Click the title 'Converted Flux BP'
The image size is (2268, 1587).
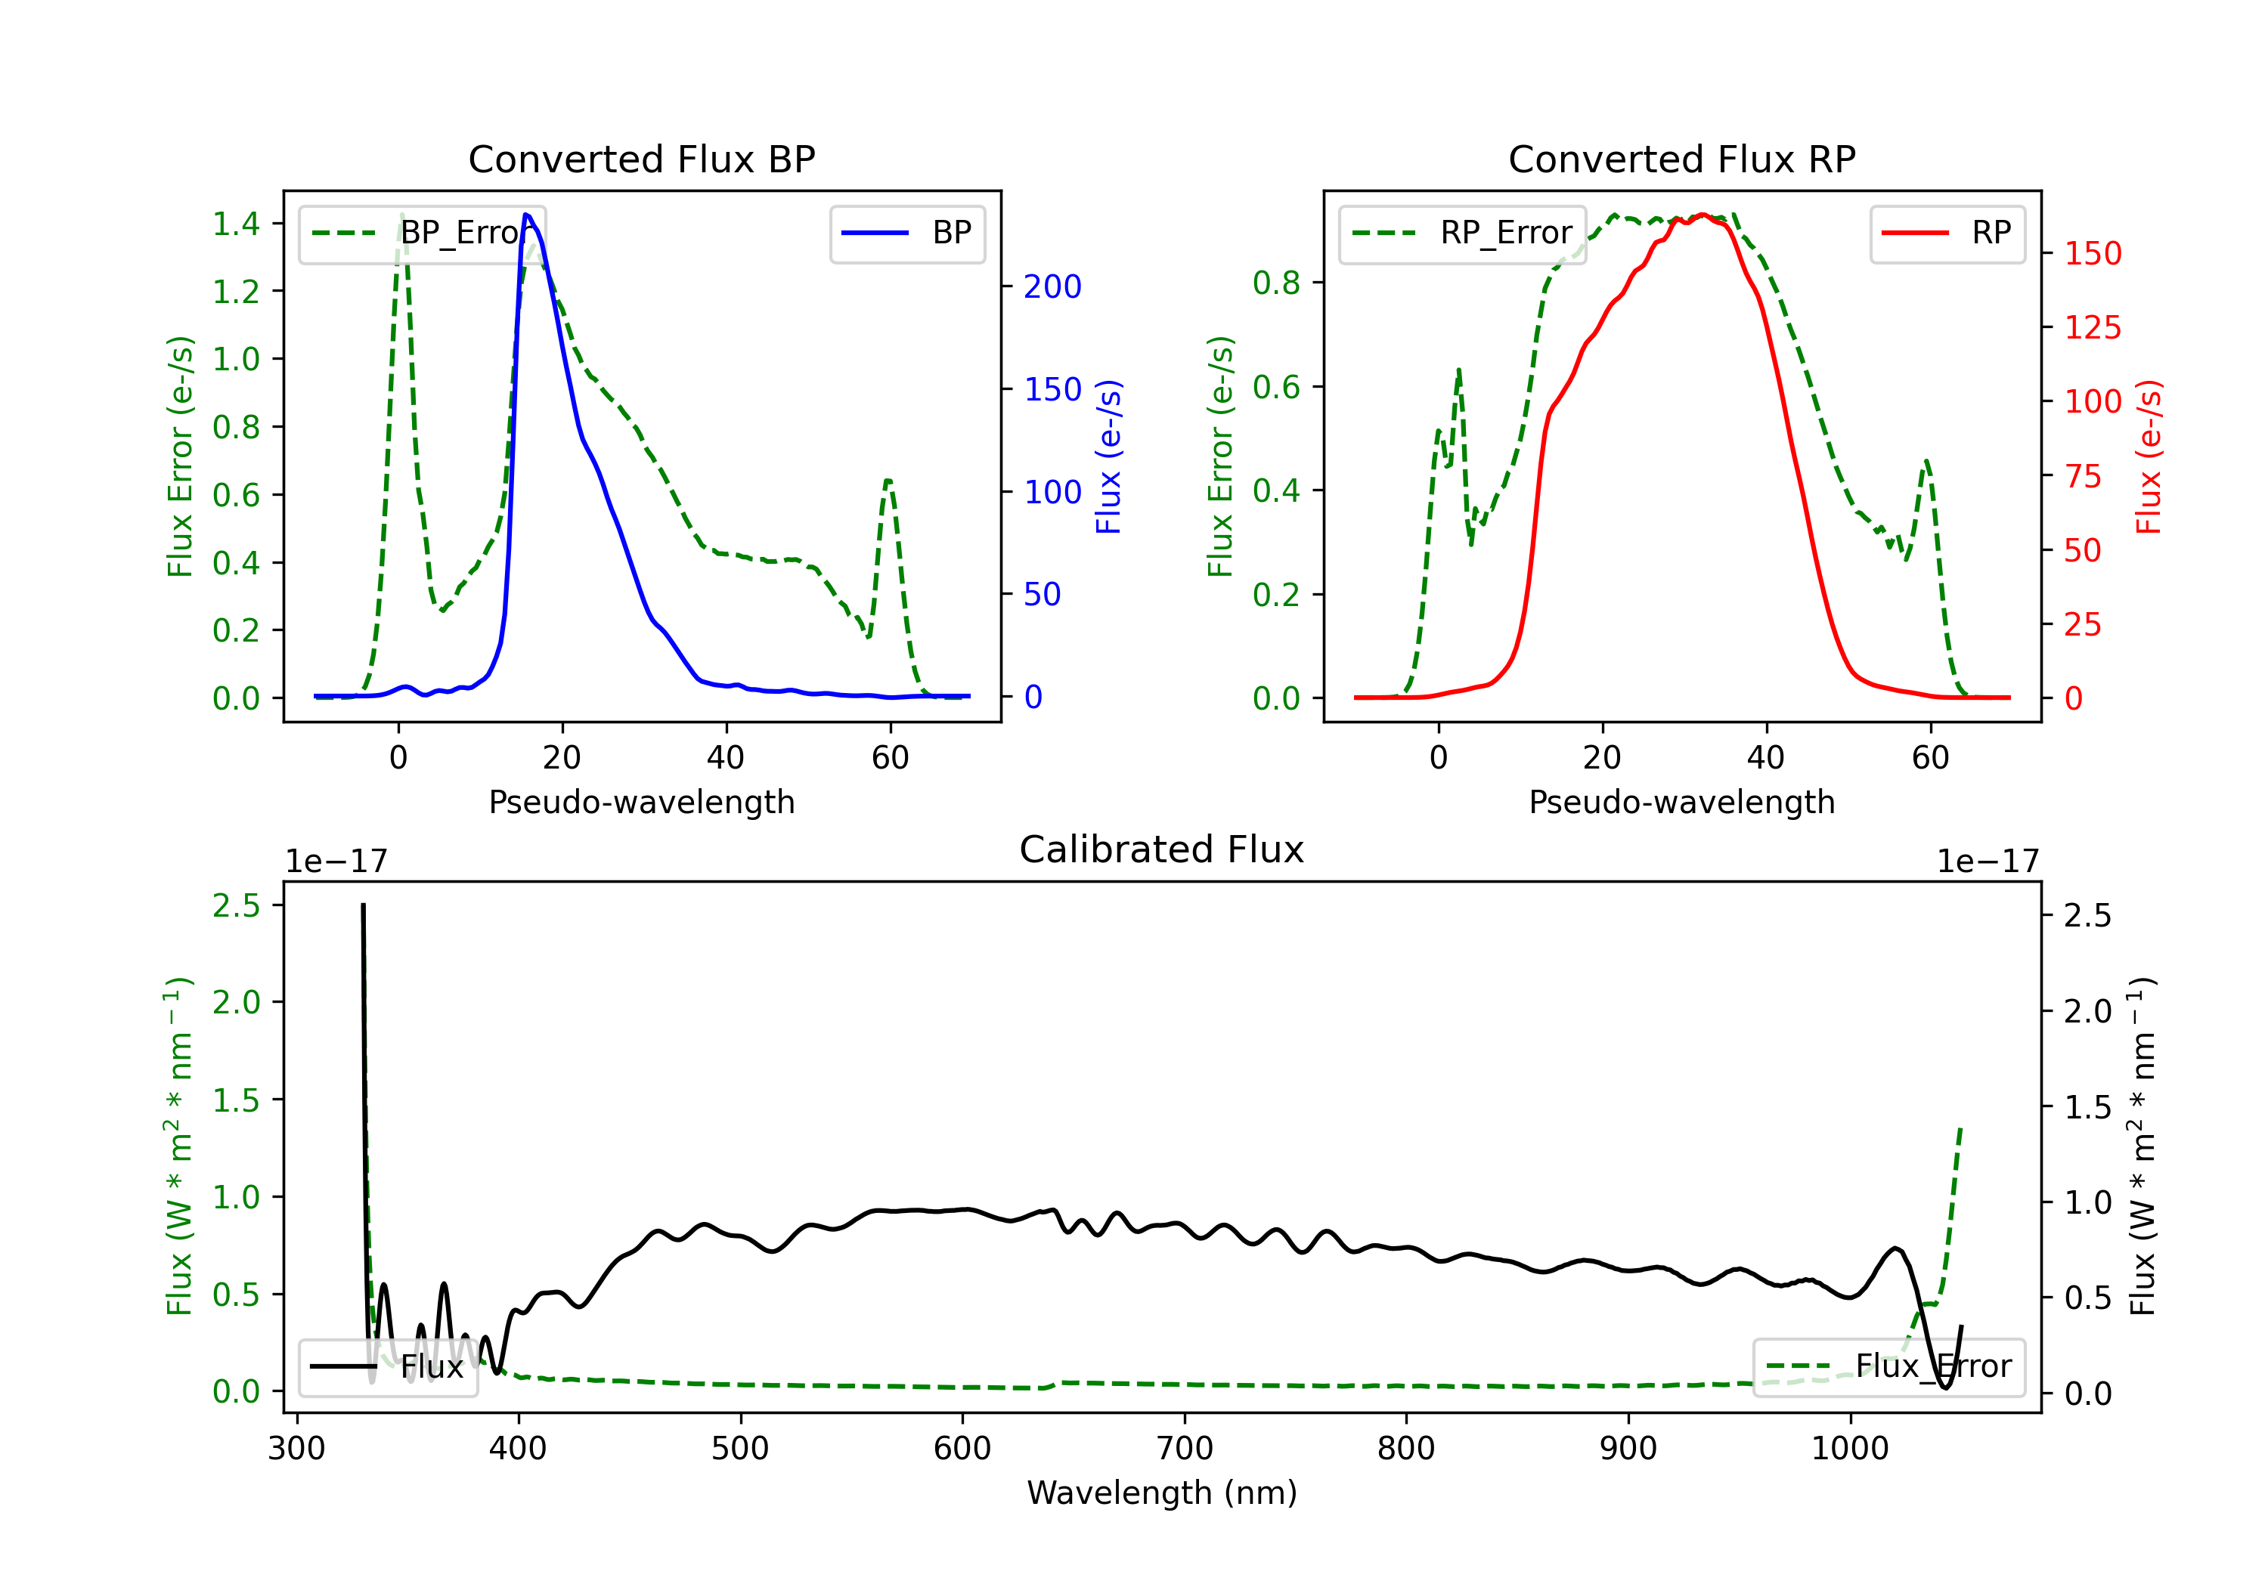[x=641, y=159]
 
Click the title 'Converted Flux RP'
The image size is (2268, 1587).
[x=1681, y=159]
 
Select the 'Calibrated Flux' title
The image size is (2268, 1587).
[x=1162, y=849]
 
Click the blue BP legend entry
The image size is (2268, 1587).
[x=906, y=233]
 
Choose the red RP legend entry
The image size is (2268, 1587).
[x=1947, y=233]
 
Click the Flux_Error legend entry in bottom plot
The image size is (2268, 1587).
[x=1888, y=1367]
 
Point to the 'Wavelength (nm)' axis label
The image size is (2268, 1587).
[x=1162, y=1493]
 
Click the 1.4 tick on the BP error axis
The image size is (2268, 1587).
[x=236, y=224]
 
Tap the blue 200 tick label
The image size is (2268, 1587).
[x=1052, y=286]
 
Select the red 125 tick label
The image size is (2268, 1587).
[x=2092, y=327]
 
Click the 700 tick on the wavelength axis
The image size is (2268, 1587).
[x=1185, y=1449]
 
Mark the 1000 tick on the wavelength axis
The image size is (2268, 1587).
[x=1850, y=1449]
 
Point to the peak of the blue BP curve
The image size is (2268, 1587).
[x=526, y=215]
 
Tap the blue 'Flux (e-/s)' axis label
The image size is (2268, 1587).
[x=1108, y=457]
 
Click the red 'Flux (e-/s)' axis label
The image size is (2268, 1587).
[x=2149, y=457]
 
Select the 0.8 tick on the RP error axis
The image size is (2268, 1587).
[x=1276, y=283]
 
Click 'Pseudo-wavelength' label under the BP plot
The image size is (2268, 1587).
[x=641, y=802]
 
